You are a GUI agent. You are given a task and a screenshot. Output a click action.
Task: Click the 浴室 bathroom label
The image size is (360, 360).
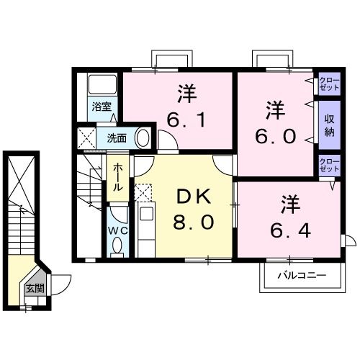click(x=100, y=107)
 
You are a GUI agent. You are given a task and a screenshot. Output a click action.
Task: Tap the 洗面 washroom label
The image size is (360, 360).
click(x=118, y=137)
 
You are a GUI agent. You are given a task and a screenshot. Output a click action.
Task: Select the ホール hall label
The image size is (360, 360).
click(x=117, y=176)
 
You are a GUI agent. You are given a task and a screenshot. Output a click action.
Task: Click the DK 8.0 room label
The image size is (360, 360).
click(x=192, y=208)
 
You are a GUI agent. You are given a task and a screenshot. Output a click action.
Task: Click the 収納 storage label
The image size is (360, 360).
click(x=329, y=124)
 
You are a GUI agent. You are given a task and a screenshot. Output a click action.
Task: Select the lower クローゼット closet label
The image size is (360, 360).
click(x=328, y=164)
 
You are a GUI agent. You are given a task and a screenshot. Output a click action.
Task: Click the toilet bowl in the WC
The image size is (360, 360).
click(x=117, y=248)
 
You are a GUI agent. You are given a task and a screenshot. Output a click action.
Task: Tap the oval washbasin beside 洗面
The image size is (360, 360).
click(x=143, y=137)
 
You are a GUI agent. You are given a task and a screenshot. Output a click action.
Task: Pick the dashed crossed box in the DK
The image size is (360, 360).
click(x=144, y=192)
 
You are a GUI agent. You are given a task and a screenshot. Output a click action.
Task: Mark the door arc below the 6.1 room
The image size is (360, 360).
click(x=169, y=144)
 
